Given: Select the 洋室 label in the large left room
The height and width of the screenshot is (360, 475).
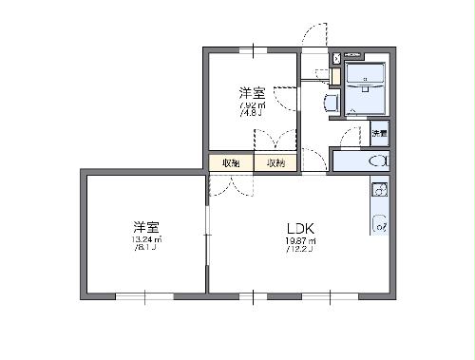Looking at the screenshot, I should point(145,227).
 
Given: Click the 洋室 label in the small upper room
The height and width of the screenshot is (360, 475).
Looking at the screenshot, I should point(252,93).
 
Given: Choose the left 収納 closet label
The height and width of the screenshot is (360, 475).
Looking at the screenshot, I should point(231,163).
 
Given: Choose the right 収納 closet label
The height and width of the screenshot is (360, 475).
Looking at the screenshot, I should point(275,163).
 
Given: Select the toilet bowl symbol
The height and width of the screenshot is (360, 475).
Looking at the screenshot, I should point(379,161).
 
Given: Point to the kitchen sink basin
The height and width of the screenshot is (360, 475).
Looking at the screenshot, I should point(378,190).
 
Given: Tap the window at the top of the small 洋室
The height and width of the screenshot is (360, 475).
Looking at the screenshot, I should point(253,49).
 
